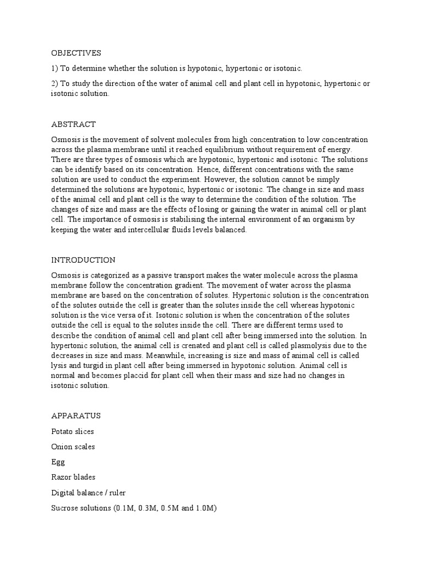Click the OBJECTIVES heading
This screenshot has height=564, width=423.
tap(77, 53)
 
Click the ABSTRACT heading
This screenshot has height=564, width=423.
tap(73, 124)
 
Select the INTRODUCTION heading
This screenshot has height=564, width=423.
tap(83, 259)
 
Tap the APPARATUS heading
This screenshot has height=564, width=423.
tap(76, 415)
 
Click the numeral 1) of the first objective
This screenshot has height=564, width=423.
tap(55, 68)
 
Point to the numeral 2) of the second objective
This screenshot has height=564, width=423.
tap(55, 83)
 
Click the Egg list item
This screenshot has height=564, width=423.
tap(58, 462)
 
